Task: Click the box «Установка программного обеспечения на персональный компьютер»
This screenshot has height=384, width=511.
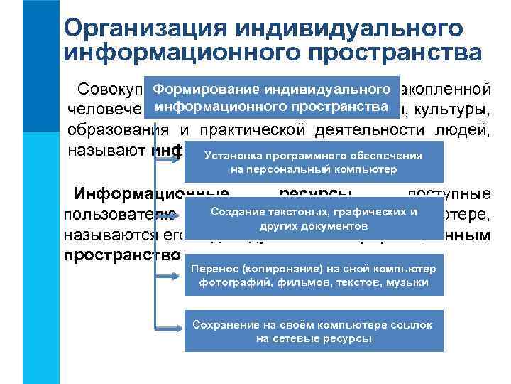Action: [313, 163]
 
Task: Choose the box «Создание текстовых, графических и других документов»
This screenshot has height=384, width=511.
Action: [313, 219]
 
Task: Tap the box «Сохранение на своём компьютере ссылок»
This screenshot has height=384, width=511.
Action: [313, 331]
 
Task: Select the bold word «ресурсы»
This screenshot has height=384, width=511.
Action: [317, 194]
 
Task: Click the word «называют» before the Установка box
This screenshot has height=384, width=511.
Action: [106, 150]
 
